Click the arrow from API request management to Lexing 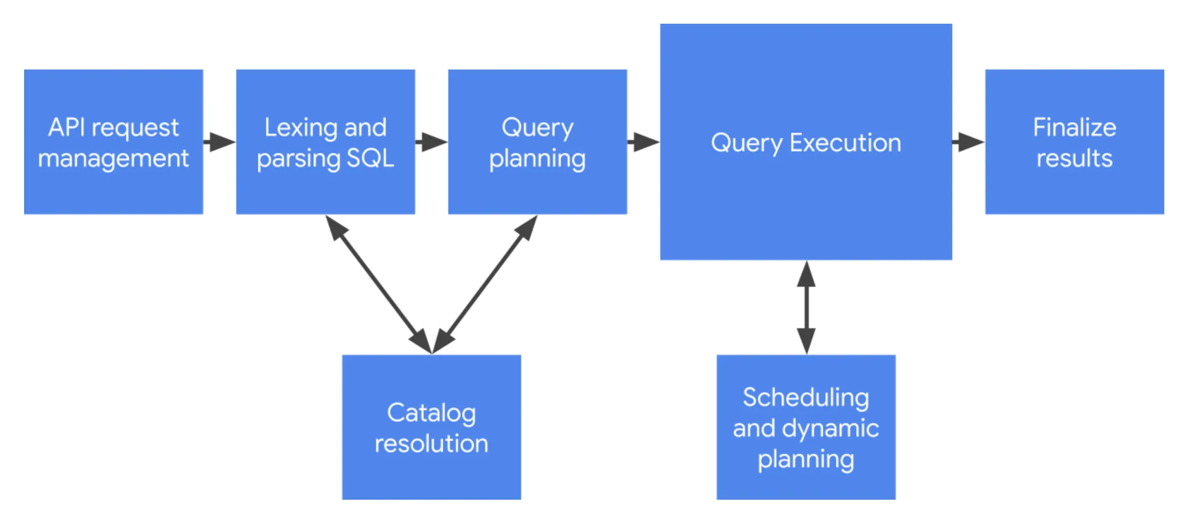pos(220,142)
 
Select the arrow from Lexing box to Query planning pos(431,142)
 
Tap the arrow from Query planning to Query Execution pos(644,142)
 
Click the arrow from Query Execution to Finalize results pos(968,142)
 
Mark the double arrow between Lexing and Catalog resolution pos(379,285)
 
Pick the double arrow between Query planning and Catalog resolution pos(485,285)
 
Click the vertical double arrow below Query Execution pos(806,307)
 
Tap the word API pos(67,128)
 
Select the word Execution pos(845,143)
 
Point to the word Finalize pos(1074,128)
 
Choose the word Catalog pos(431,413)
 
